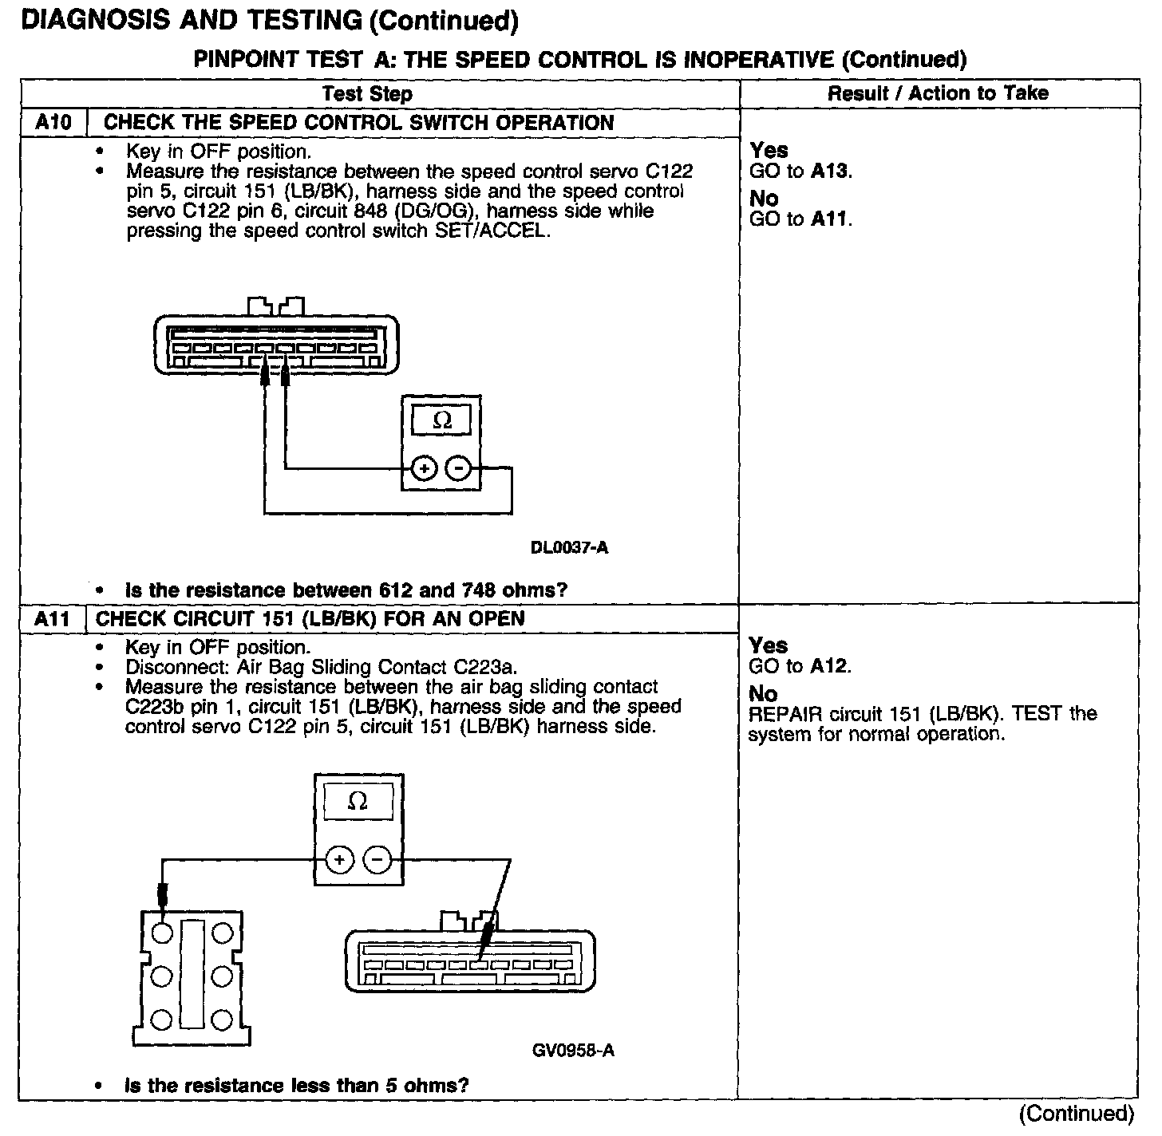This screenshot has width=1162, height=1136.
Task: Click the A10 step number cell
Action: coord(53,123)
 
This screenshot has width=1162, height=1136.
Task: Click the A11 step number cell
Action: coord(53,619)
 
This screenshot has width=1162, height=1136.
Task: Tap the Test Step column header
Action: coord(367,94)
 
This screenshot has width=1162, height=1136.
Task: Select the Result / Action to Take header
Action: coord(938,93)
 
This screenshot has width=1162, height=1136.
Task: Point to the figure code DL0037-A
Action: coord(569,548)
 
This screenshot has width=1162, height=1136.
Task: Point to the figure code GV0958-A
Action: coord(573,1050)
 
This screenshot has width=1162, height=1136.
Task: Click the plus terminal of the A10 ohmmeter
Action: coord(424,468)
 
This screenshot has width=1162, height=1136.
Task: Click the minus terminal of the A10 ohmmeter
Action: coord(458,468)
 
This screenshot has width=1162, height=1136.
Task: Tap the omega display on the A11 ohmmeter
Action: coord(358,801)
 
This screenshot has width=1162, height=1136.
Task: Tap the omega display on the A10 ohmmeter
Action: coord(441,420)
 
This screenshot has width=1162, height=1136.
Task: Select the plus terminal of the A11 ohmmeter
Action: coord(339,860)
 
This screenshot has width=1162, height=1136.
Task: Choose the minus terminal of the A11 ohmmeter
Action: coord(377,860)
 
